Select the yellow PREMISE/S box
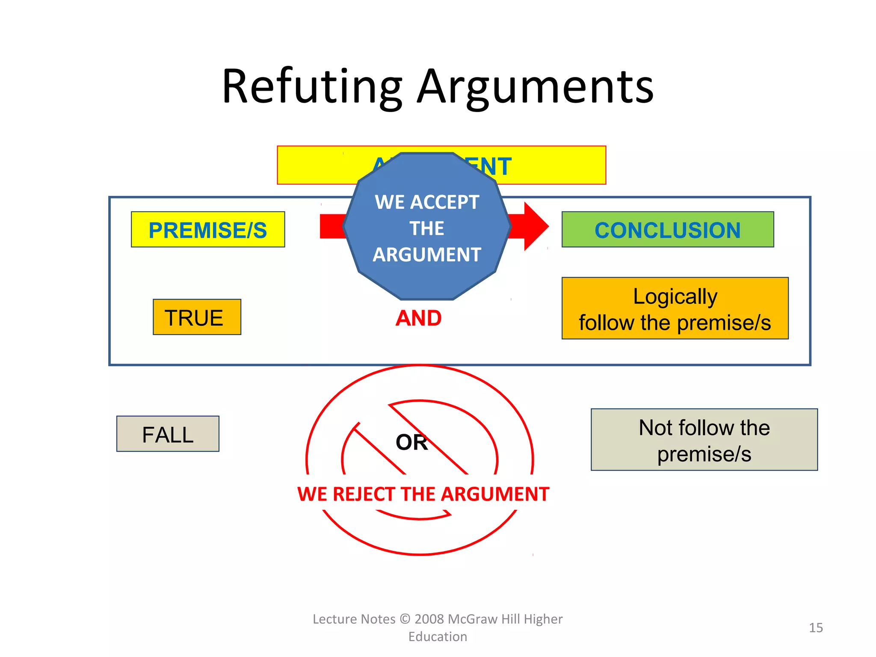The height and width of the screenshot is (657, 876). click(208, 230)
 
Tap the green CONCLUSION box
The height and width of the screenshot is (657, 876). click(667, 230)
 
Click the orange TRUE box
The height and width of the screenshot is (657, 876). click(197, 317)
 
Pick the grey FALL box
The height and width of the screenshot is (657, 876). click(168, 434)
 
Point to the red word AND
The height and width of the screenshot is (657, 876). click(418, 318)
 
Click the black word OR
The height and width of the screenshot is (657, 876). click(411, 442)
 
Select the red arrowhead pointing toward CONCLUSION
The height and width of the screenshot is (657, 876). click(535, 226)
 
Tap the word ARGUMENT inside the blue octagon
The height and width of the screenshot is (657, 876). click(427, 255)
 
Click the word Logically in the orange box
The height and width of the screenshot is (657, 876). click(675, 296)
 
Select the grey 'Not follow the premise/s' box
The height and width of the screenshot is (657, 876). click(704, 440)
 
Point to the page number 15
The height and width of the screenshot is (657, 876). click(816, 628)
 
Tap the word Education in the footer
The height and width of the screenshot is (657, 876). click(438, 637)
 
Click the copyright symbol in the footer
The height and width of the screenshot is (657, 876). click(405, 619)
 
